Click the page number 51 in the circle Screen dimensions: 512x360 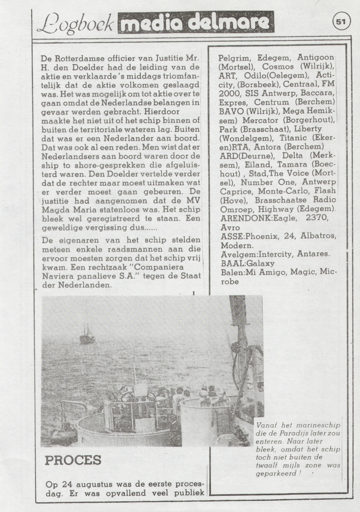pyautogui.click(x=340, y=22)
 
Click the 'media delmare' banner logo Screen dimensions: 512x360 pyautogui.click(x=196, y=22)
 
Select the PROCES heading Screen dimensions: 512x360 pyautogui.click(x=73, y=460)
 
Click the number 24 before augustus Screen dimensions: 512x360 pyautogui.click(x=67, y=485)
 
